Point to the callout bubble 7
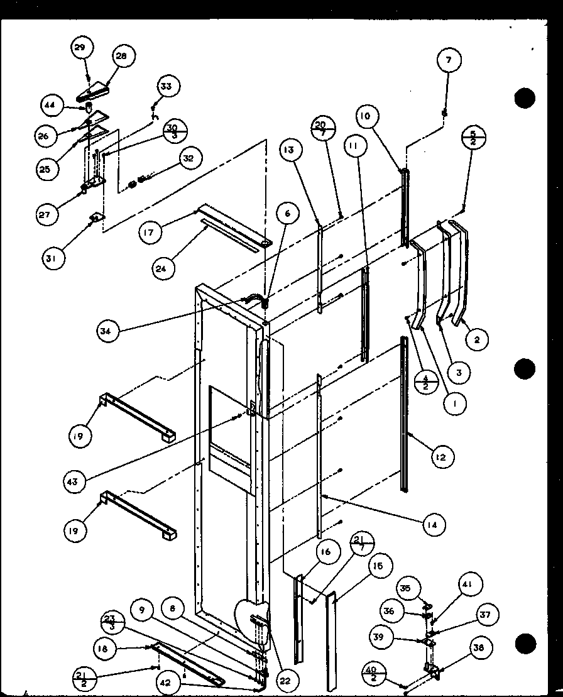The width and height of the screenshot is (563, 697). (449, 61)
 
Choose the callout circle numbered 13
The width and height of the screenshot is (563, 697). (292, 151)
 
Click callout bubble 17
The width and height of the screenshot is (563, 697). (151, 233)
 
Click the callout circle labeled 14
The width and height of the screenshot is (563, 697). (434, 523)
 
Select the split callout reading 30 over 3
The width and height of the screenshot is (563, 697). (175, 133)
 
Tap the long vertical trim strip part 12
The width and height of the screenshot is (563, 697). (403, 415)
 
